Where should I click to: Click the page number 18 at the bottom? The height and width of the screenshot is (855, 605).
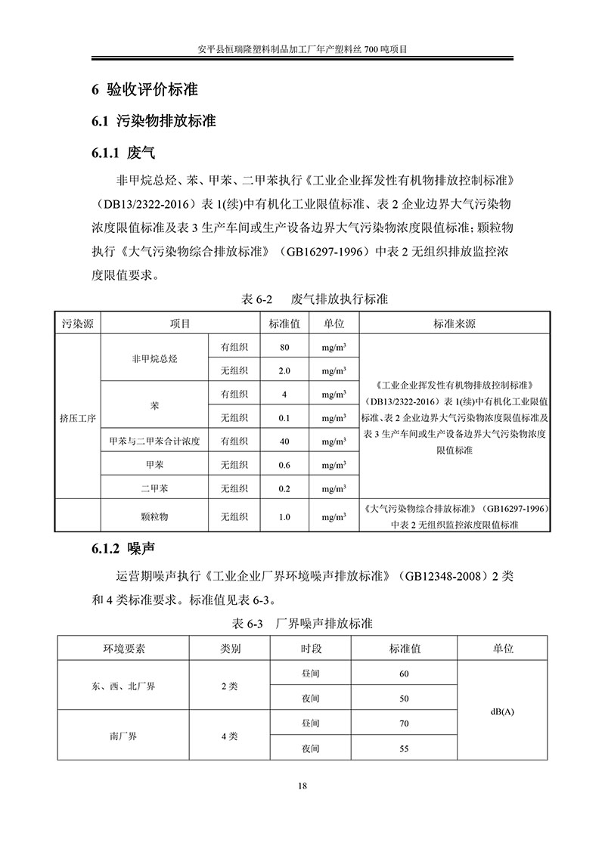tap(302, 787)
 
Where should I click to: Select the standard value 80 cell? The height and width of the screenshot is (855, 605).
tap(284, 348)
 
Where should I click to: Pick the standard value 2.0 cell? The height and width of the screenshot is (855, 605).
tap(284, 370)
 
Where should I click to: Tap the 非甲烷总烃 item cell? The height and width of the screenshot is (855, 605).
tap(154, 359)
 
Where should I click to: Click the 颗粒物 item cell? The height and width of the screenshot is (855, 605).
tap(154, 517)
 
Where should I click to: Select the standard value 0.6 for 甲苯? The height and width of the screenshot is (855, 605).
tap(284, 465)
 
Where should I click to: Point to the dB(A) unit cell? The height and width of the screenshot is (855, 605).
tap(502, 711)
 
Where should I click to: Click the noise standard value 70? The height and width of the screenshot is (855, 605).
tap(404, 723)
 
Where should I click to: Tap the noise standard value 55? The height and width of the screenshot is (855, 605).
tap(404, 748)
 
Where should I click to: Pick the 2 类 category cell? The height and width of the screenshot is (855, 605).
tap(230, 686)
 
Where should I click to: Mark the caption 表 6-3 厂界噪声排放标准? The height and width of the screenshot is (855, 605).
tap(302, 624)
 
